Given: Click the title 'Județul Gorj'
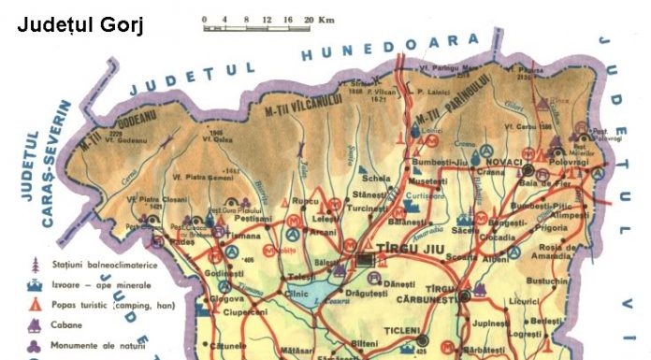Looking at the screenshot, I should pyautogui.click(x=80, y=25).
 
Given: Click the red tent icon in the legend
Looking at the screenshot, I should pyautogui.click(x=33, y=307).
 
